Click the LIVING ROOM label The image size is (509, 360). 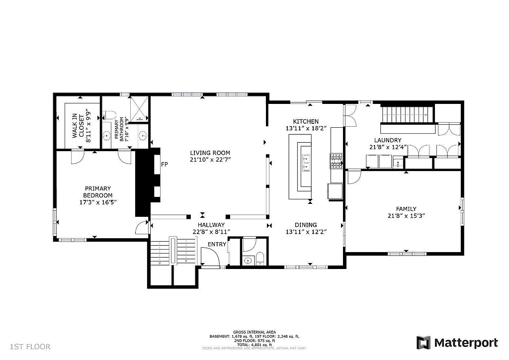(210, 153)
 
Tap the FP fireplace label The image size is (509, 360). (164, 164)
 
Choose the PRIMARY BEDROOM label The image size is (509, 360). (98, 191)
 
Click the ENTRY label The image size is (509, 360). (217, 244)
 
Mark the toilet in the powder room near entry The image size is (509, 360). (259, 259)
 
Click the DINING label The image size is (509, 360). (305, 225)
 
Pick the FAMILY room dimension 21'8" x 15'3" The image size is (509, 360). (406, 216)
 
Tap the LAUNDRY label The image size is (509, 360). (389, 140)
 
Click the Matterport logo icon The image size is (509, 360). (424, 343)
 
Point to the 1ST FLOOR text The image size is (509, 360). (30, 346)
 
